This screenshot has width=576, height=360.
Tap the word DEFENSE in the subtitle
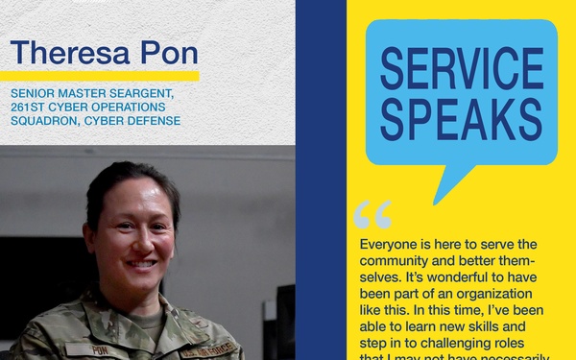click(x=155, y=121)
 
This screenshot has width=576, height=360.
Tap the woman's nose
click(x=140, y=241)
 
